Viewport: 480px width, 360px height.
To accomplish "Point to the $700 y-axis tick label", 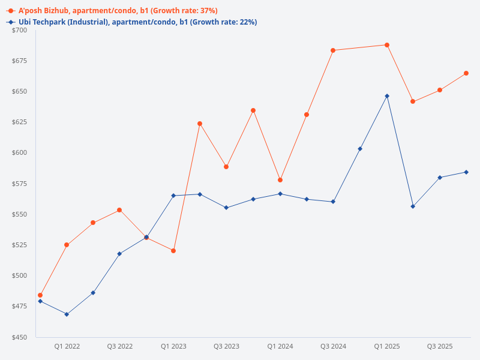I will point(20,30).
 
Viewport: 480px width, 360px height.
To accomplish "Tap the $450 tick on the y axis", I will point(20,337).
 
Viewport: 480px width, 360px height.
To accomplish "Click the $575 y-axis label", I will point(20,184).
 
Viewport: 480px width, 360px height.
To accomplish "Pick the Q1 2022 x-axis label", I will point(67,346).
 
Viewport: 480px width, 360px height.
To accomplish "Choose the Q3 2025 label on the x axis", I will point(440,346).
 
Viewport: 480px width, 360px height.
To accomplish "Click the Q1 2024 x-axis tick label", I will point(280,346).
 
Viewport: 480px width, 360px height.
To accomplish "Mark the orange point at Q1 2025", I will point(387,45).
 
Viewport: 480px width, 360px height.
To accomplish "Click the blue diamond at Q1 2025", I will point(387,96).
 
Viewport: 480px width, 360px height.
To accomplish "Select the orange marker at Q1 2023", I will point(173,251).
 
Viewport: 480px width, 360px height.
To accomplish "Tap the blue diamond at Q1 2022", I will point(67,314).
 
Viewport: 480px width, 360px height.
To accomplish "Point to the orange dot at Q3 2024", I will point(333,50).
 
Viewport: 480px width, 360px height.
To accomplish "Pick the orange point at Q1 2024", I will point(280,180).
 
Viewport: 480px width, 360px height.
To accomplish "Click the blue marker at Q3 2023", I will point(226,208).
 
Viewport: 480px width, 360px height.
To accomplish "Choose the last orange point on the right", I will point(466,73).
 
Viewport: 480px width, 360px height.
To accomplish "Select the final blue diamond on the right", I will point(466,172).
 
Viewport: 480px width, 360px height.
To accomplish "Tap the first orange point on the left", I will point(40,295).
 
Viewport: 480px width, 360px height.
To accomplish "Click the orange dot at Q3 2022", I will point(119,210).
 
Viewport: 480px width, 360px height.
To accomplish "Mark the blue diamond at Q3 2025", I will point(440,178).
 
